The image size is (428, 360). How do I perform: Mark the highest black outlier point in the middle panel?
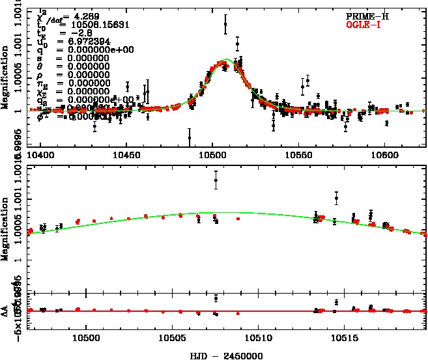point(216,180)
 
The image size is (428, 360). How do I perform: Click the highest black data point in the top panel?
point(225,25)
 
